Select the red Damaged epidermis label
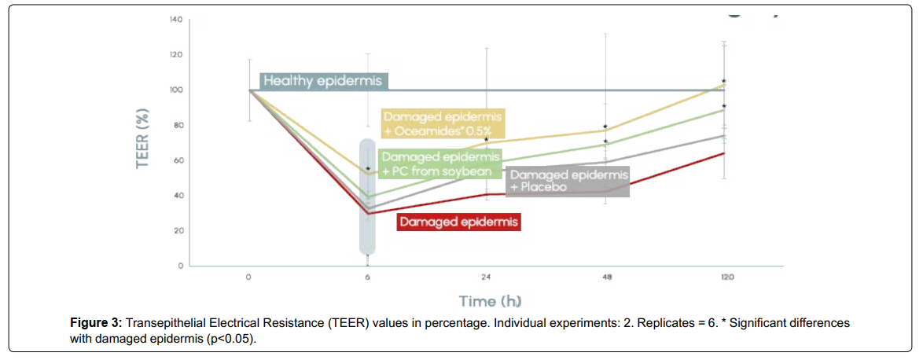[460, 222]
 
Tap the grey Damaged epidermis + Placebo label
[568, 181]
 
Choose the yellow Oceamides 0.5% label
[444, 122]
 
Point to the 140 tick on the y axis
[177, 20]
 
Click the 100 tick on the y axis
[177, 90]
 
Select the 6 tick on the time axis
[368, 277]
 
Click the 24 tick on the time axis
[487, 277]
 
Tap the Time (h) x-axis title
[489, 302]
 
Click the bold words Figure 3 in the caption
[97, 324]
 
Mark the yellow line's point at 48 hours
[605, 130]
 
